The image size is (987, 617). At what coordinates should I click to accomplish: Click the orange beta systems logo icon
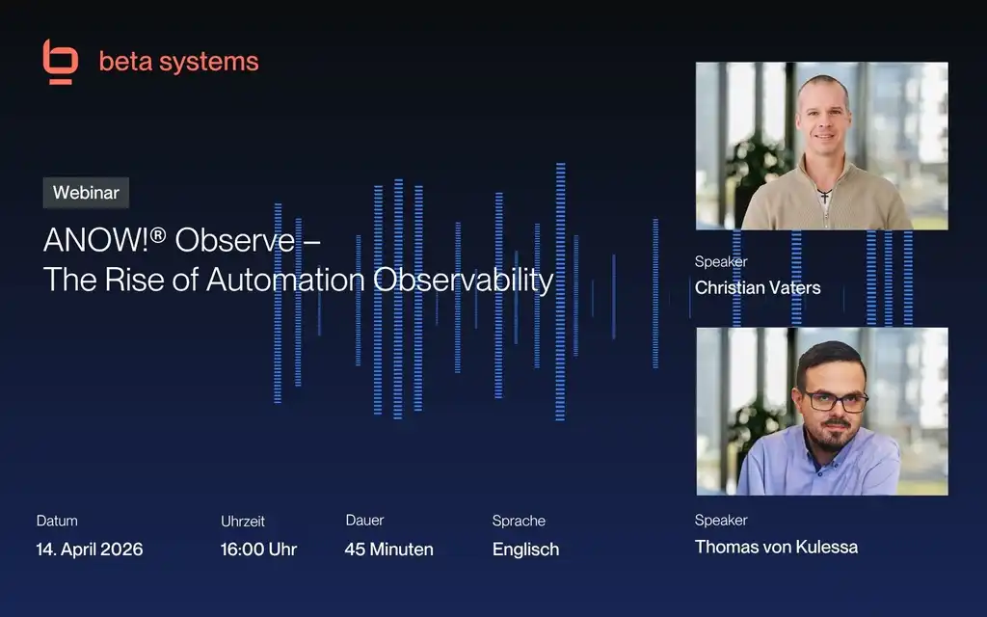coord(61,61)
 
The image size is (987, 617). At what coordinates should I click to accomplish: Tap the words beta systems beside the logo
coord(178,62)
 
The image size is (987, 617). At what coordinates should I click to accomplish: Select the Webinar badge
coord(86,193)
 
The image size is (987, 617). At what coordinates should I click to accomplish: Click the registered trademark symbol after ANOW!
coord(158,235)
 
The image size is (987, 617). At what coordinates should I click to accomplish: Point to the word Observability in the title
coord(464,280)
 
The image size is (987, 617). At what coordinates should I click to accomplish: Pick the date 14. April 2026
coord(90,549)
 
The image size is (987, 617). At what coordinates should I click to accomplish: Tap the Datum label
coord(57,521)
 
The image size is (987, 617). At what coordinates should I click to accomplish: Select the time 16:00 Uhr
coord(258,549)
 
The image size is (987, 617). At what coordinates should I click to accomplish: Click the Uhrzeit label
coord(242,522)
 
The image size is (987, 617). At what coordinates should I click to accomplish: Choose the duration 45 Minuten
coord(389,549)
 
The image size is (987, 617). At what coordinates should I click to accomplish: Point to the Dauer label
coord(364,520)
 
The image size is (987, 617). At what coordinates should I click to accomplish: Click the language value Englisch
coord(525,550)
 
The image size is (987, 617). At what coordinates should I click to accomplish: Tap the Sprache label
coord(519,521)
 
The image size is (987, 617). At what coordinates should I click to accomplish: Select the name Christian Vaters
coord(758,287)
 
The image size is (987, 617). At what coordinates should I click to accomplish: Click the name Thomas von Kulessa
coord(776,547)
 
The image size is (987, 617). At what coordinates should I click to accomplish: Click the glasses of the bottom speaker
coord(836,401)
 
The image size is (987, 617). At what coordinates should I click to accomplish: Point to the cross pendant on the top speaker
coord(824,196)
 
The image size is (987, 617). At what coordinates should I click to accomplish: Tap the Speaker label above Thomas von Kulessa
coord(721,520)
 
